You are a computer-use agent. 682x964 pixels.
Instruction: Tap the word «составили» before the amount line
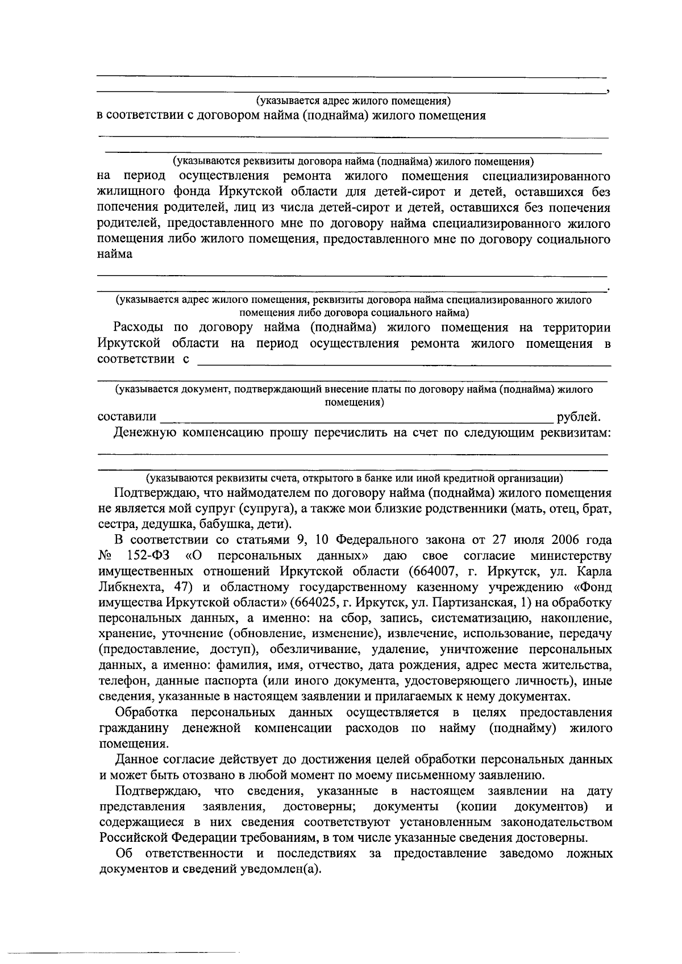click(x=127, y=418)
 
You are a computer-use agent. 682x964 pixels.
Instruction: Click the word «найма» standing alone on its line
click(x=115, y=254)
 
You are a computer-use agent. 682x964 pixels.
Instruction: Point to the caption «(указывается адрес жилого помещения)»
click(x=352, y=101)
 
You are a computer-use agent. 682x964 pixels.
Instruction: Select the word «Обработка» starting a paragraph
click(x=145, y=713)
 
